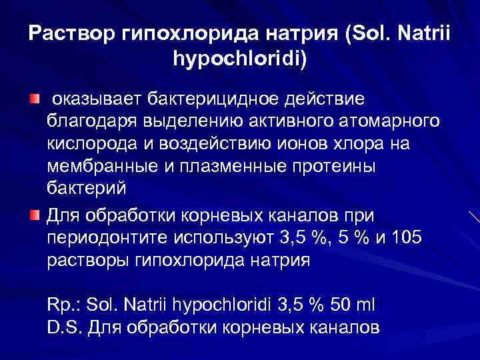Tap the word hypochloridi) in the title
pyautogui.click(x=240, y=60)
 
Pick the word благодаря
pyautogui.click(x=88, y=123)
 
